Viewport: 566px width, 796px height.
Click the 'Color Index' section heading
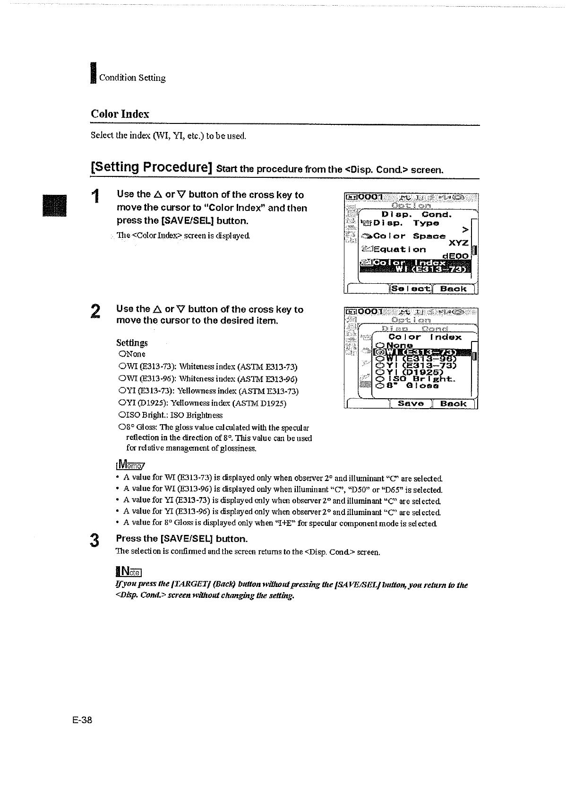[x=120, y=114]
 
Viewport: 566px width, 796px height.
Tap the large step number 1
[x=95, y=196]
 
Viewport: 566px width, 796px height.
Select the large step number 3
[x=95, y=540]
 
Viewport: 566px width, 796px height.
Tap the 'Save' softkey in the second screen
[x=411, y=403]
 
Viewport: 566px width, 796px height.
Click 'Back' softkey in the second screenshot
[x=453, y=403]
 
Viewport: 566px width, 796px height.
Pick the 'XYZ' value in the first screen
[x=458, y=243]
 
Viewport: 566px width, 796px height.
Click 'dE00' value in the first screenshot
[x=456, y=256]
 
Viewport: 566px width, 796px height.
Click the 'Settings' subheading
[x=132, y=342]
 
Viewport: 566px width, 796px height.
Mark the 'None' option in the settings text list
[x=132, y=354]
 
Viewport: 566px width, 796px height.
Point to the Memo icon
[x=124, y=464]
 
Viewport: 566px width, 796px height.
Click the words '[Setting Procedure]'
[x=151, y=167]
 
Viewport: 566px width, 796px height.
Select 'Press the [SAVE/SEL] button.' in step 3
[x=182, y=539]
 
